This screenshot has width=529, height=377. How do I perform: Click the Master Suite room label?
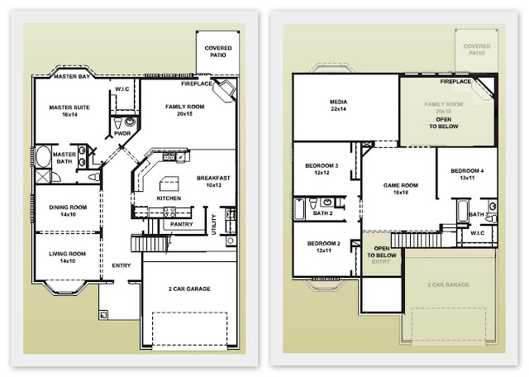(69, 111)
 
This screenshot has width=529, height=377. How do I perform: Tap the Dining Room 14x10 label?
(68, 211)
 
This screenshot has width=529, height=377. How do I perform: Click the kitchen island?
(169, 184)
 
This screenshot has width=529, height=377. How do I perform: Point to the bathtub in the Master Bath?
(43, 156)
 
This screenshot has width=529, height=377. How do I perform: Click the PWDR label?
(122, 133)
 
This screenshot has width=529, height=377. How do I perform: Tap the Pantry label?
(182, 224)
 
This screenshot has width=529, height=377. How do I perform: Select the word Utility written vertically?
(213, 224)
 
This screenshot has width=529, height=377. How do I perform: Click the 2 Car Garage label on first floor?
(189, 289)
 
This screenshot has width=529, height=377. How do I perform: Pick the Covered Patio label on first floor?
(218, 51)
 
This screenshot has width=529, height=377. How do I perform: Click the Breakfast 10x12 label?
(213, 181)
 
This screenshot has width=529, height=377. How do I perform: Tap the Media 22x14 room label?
(338, 105)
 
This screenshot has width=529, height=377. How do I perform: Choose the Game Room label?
(401, 188)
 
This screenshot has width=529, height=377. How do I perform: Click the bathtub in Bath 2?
(299, 209)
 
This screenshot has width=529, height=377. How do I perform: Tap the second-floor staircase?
(417, 241)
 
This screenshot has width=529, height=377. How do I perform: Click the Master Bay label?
(72, 77)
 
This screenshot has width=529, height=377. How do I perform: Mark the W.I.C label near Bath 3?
(477, 233)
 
